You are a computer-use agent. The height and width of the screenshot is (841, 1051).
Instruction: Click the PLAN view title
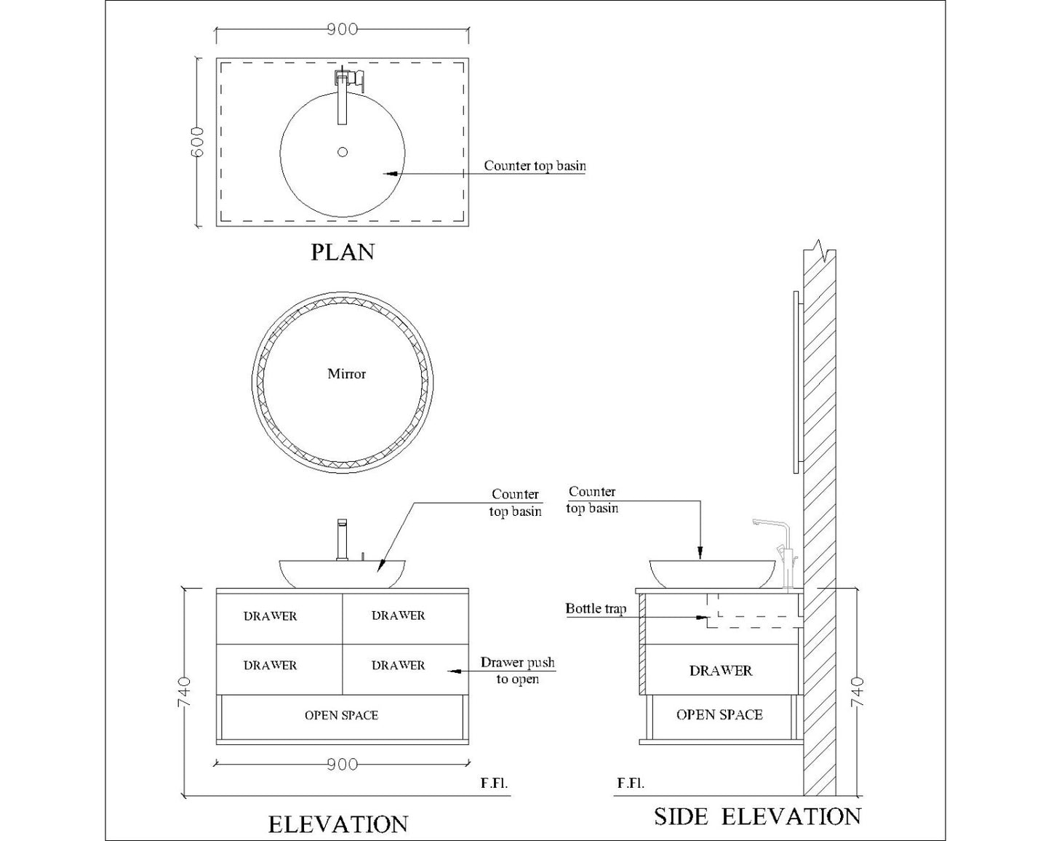343,252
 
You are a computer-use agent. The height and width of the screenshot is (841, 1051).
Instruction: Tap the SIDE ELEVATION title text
757,816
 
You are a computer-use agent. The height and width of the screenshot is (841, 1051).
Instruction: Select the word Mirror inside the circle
346,374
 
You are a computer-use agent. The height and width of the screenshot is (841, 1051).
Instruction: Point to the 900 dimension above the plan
342,29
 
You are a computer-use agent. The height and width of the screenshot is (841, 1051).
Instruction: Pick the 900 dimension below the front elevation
342,764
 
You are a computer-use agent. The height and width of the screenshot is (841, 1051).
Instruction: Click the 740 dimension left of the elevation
184,691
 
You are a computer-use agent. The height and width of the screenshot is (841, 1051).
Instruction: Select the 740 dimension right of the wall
858,691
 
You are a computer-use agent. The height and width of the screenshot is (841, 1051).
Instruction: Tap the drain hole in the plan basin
343,152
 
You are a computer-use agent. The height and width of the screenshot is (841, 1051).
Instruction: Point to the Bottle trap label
596,609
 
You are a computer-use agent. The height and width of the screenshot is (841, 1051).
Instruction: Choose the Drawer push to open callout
517,671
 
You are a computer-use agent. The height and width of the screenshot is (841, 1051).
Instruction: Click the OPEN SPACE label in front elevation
341,716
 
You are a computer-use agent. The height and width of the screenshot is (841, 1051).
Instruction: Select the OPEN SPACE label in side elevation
719,715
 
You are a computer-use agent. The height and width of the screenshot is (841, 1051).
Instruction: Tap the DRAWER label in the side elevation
721,671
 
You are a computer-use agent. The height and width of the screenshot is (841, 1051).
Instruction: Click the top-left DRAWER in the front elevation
270,616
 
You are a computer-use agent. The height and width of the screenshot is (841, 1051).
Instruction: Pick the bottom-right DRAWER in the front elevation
398,666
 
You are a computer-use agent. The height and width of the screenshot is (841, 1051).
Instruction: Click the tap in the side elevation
782,549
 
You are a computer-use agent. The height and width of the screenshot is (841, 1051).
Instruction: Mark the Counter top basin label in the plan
535,166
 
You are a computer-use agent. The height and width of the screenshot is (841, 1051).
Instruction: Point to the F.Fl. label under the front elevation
494,784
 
